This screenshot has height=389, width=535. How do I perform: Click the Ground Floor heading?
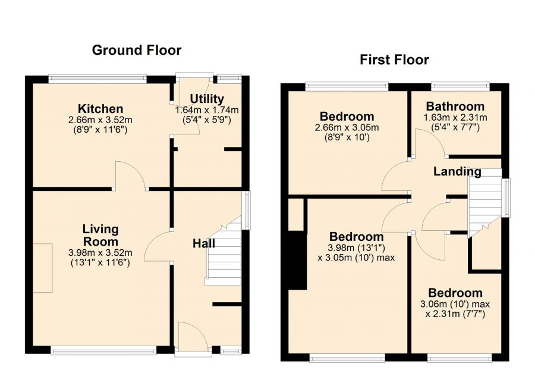pyautogui.click(x=137, y=50)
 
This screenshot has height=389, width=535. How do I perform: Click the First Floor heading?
pyautogui.click(x=394, y=59)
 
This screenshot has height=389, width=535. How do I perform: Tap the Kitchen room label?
pyautogui.click(x=100, y=109)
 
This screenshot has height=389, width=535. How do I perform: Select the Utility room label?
pyautogui.click(x=207, y=99)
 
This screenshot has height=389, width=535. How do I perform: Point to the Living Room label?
pyautogui.click(x=100, y=236)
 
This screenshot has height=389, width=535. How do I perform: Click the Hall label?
pyautogui.click(x=204, y=243)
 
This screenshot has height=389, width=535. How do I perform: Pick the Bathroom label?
pyautogui.click(x=455, y=106)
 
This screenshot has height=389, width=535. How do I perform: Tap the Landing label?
pyautogui.click(x=457, y=171)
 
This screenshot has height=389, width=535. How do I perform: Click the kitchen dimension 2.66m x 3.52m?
pyautogui.click(x=100, y=120)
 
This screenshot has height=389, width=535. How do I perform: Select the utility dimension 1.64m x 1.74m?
pyautogui.click(x=207, y=110)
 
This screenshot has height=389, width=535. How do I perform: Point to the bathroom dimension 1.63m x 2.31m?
pyautogui.click(x=455, y=118)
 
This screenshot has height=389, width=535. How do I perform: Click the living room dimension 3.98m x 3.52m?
pyautogui.click(x=100, y=253)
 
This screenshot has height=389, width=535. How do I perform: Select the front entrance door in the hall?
pyautogui.click(x=193, y=337)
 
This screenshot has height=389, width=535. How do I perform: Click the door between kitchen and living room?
pyautogui.click(x=131, y=175)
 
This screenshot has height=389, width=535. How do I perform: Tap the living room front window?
pyautogui.click(x=103, y=350)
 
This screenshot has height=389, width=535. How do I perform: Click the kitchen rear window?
pyautogui.click(x=97, y=79)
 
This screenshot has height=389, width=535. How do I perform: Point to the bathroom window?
pyautogui.click(x=460, y=86)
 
